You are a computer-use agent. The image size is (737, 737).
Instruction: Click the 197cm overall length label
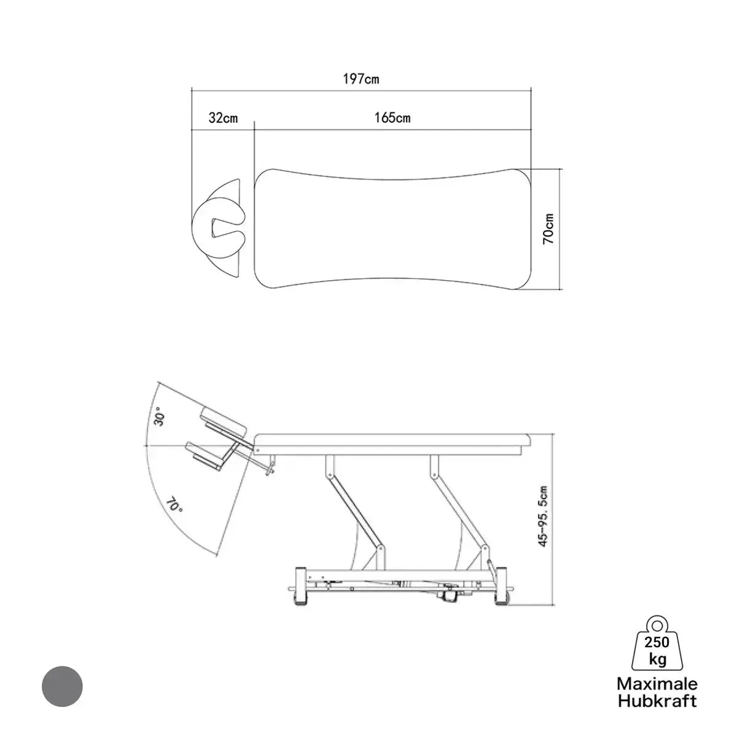click(x=361, y=79)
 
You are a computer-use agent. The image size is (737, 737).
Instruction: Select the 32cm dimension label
click(x=223, y=118)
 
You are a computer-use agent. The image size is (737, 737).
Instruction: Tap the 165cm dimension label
click(x=392, y=118)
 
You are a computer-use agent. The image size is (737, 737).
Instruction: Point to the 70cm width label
click(x=548, y=228)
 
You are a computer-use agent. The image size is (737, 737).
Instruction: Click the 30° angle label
click(x=160, y=419)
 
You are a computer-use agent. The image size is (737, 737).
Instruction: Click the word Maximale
click(x=657, y=684)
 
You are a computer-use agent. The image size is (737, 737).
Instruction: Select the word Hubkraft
click(x=657, y=701)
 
